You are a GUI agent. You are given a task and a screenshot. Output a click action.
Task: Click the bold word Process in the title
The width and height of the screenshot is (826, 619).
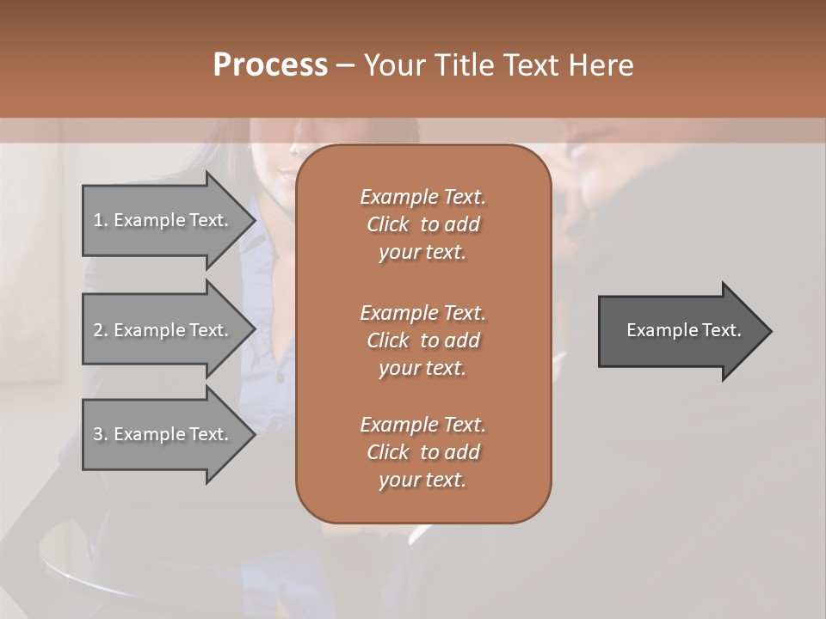pos(270,65)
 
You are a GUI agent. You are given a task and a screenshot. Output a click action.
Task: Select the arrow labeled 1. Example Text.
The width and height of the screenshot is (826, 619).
pos(163,220)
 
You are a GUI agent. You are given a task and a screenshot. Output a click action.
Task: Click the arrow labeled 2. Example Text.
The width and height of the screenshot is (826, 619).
pos(163,330)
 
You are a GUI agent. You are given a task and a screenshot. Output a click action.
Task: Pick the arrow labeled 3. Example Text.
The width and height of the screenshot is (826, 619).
pos(163,434)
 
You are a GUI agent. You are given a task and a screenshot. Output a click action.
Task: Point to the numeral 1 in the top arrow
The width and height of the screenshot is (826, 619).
pos(97,220)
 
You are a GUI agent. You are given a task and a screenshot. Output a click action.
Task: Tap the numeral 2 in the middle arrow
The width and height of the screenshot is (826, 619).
pos(98,330)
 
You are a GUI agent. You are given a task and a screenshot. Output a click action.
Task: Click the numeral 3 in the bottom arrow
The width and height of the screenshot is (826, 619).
pos(98,434)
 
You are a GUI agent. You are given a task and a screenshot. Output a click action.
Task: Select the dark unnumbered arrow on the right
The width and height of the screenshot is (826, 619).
pos(680,331)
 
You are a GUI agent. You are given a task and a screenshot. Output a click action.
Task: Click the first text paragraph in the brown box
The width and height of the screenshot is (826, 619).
pos(422,224)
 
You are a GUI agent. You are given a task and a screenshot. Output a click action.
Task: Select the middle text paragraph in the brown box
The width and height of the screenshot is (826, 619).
pos(422,340)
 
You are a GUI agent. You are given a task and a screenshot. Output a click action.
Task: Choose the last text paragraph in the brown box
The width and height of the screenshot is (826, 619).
pos(422,452)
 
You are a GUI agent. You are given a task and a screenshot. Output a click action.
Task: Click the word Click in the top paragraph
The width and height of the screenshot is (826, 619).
pos(387,224)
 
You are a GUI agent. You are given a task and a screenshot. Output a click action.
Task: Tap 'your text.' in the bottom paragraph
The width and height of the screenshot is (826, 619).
pos(422,480)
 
